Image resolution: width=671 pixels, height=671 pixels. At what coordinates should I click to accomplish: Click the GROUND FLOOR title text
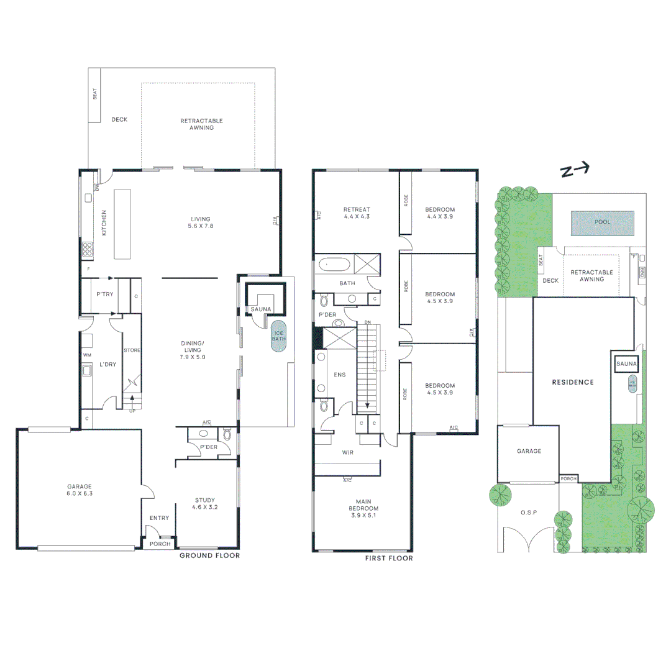tap(209, 555)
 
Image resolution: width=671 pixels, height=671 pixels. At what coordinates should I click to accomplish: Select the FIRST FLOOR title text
tap(389, 558)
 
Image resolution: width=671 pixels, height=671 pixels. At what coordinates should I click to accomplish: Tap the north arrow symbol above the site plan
tap(575, 170)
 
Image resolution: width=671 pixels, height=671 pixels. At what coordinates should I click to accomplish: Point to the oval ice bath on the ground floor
tap(278, 337)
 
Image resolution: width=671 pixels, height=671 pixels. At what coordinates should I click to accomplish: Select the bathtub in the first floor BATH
tap(334, 265)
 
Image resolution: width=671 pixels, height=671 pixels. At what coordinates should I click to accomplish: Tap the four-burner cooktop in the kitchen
tap(88, 250)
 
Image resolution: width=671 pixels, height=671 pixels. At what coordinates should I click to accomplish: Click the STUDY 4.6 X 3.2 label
tap(205, 503)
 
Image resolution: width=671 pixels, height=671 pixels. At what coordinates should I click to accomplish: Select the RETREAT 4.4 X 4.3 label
tap(357, 212)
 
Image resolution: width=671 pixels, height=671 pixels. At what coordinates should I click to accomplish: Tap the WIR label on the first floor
tap(347, 453)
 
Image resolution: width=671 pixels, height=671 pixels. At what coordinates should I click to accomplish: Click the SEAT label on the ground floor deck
tap(95, 94)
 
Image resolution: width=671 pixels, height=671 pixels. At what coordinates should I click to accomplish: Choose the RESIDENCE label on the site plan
tap(573, 382)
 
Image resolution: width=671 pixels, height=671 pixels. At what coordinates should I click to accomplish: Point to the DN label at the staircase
tap(368, 322)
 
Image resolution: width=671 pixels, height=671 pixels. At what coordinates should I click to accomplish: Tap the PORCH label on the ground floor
tap(160, 544)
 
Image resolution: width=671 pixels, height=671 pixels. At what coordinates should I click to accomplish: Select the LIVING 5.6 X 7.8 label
tap(201, 222)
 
